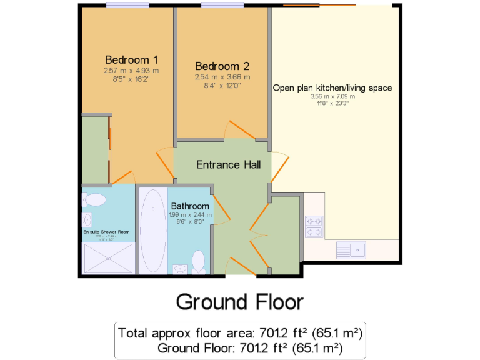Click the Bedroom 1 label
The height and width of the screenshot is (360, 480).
pos(131,60)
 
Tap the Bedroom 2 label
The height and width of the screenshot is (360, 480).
pos(222,66)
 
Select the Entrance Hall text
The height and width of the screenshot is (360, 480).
pos(229,165)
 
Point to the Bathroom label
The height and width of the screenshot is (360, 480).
pos(190,206)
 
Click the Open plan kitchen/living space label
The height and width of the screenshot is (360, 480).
pos(332,88)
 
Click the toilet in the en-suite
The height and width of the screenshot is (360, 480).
pos(94,199)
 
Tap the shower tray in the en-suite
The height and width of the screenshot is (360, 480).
pos(108,258)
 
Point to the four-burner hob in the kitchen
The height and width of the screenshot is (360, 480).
pos(314,227)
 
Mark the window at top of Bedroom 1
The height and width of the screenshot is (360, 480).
pos(127,6)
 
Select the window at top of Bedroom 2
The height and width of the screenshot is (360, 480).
pos(222,6)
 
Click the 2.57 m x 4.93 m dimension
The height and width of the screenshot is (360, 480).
pos(131,71)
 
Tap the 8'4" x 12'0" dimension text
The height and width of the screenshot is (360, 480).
pos(222,86)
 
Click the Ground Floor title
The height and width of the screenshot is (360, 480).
pos(240,302)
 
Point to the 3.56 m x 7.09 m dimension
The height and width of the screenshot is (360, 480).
pos(332,97)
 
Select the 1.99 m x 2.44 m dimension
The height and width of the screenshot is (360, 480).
pos(190,215)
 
